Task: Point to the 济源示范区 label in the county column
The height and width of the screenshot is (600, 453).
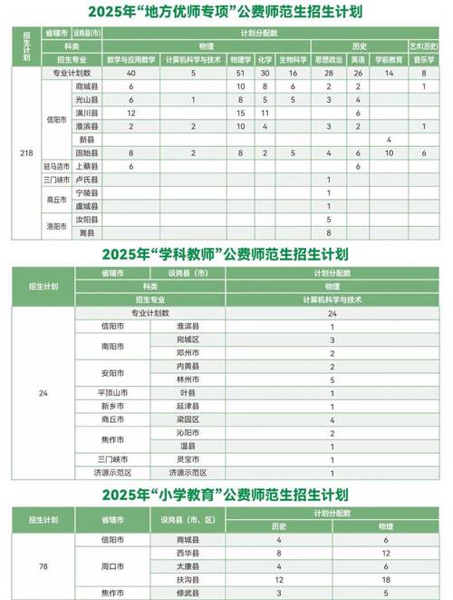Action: (188, 473)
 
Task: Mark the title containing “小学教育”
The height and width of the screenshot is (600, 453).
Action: (226, 495)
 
